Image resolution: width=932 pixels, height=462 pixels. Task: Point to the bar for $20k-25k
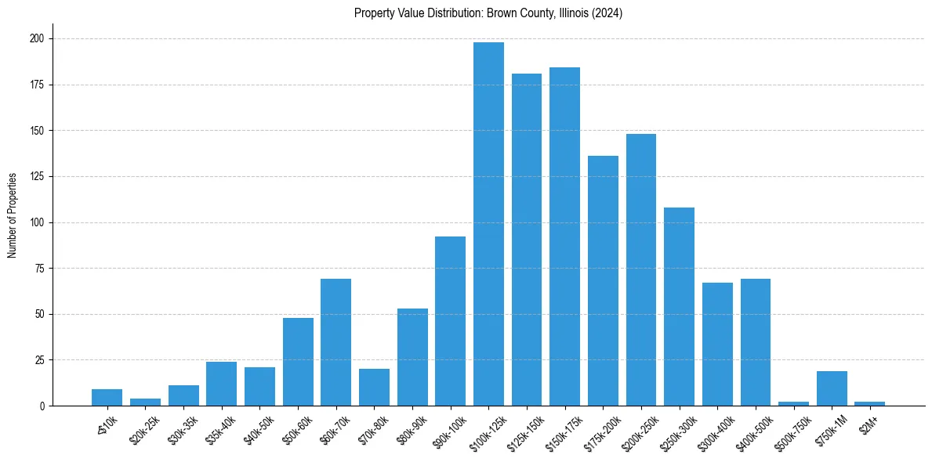click(x=145, y=402)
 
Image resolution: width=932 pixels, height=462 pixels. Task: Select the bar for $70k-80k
click(x=374, y=387)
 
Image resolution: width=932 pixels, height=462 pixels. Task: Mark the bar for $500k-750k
click(x=793, y=403)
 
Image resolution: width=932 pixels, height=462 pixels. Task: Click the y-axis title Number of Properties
click(x=13, y=215)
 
